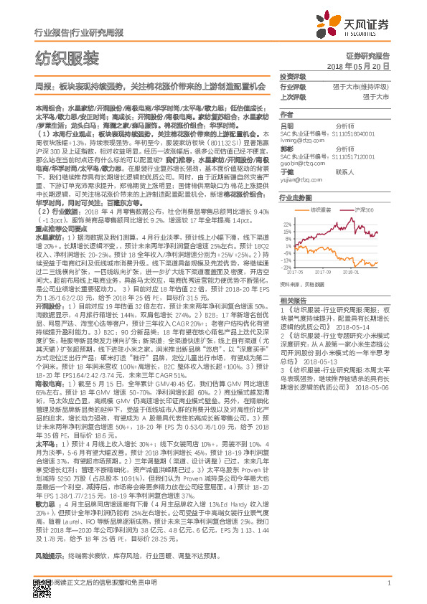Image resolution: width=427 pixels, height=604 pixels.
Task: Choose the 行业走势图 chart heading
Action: click(x=296, y=197)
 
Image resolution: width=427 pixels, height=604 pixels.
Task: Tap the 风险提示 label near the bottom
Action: click(x=50, y=556)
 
